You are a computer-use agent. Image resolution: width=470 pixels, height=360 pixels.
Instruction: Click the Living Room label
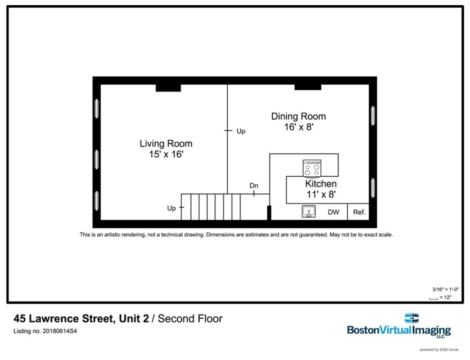[x=166, y=143]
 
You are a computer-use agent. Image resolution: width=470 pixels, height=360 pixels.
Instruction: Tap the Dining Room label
[x=298, y=116]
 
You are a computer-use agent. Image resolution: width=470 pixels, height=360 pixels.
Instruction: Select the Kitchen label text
[x=321, y=184]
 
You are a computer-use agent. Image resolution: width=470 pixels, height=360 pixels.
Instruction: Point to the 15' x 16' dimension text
[x=166, y=154]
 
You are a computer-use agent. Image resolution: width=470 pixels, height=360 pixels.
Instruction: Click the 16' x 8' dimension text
[x=298, y=127]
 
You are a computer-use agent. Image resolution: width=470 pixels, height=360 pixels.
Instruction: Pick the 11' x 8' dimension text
[x=321, y=194]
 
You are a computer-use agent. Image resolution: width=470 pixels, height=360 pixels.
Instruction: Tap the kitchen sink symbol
[x=308, y=212]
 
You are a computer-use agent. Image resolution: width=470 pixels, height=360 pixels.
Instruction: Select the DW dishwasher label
[x=333, y=212]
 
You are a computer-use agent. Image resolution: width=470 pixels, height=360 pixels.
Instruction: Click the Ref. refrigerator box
[x=358, y=212]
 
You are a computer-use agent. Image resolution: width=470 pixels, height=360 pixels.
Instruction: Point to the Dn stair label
[x=254, y=186]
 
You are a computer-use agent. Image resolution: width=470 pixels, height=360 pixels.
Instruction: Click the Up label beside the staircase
[x=172, y=208]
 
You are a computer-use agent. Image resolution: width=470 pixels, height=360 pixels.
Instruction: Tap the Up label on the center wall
[x=240, y=131]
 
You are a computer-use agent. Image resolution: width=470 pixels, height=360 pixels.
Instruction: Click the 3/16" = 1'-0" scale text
[x=441, y=289]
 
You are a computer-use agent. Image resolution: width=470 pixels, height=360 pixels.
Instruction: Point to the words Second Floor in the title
[x=190, y=319]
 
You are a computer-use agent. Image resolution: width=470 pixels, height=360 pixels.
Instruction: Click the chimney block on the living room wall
[x=168, y=88]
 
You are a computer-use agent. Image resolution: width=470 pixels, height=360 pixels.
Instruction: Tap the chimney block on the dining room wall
[x=307, y=87]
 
